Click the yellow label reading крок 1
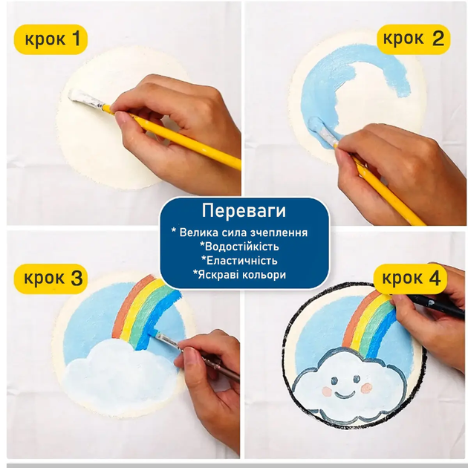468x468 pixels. tap(51, 39)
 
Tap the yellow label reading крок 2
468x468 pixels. tap(413, 39)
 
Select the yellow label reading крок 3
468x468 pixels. tap(51, 279)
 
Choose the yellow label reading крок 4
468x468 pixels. tap(410, 279)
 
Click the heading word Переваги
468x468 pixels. tap(244, 211)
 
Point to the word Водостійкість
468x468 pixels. tap(239, 247)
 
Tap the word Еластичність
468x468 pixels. tap(239, 261)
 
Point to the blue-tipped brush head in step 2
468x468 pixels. tap(320, 127)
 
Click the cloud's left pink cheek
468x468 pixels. tap(328, 391)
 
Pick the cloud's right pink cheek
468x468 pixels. tap(366, 388)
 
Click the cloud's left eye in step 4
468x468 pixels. tap(334, 380)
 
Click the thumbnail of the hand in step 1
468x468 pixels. tap(122, 119)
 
